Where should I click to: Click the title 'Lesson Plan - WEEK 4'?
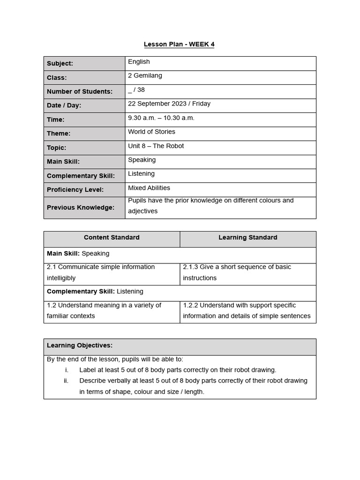coord(179,45)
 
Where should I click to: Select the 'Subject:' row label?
coord(60,64)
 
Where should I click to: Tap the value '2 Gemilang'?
coord(145,75)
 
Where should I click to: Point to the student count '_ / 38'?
coord(136,90)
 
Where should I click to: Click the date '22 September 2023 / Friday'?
coord(169,104)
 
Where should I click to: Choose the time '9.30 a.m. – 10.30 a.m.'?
coord(161,118)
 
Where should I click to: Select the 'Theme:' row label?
coord(59,134)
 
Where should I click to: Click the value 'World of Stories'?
coord(151,132)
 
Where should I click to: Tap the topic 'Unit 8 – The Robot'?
coord(156,146)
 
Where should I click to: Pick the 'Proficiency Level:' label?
coord(75,190)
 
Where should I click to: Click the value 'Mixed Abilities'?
coord(149,188)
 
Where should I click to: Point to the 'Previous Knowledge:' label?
coord(80,208)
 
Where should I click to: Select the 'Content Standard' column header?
coord(112,238)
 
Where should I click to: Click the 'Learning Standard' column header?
coord(247,238)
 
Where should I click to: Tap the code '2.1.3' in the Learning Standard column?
coord(190,267)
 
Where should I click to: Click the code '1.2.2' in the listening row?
coord(190,305)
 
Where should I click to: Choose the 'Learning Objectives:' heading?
coord(80,345)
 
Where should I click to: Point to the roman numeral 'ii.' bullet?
coord(66,381)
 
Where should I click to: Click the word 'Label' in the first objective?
coord(88,370)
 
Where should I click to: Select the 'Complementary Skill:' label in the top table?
coord(81,176)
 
